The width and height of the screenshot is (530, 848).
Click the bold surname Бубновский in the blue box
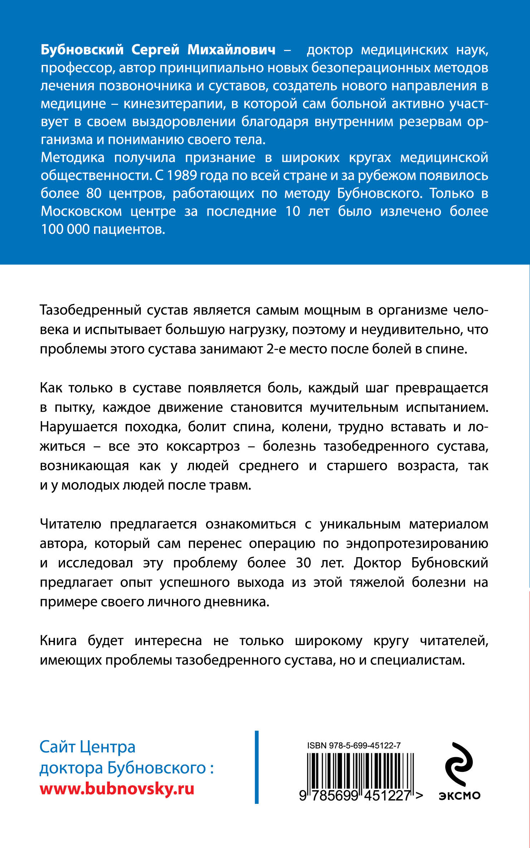(82, 50)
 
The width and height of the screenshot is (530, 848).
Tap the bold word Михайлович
(231, 50)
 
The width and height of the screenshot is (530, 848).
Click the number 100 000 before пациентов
(65, 229)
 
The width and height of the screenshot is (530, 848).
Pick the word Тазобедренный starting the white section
(90, 310)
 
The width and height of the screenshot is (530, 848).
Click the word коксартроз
(203, 446)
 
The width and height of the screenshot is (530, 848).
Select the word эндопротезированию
(417, 544)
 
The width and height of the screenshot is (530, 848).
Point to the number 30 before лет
(303, 563)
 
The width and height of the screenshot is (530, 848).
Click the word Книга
(58, 641)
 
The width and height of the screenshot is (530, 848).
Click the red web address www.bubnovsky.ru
(117, 788)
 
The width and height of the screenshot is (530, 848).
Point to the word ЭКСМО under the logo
(459, 795)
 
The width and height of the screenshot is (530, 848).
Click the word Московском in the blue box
(81, 211)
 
